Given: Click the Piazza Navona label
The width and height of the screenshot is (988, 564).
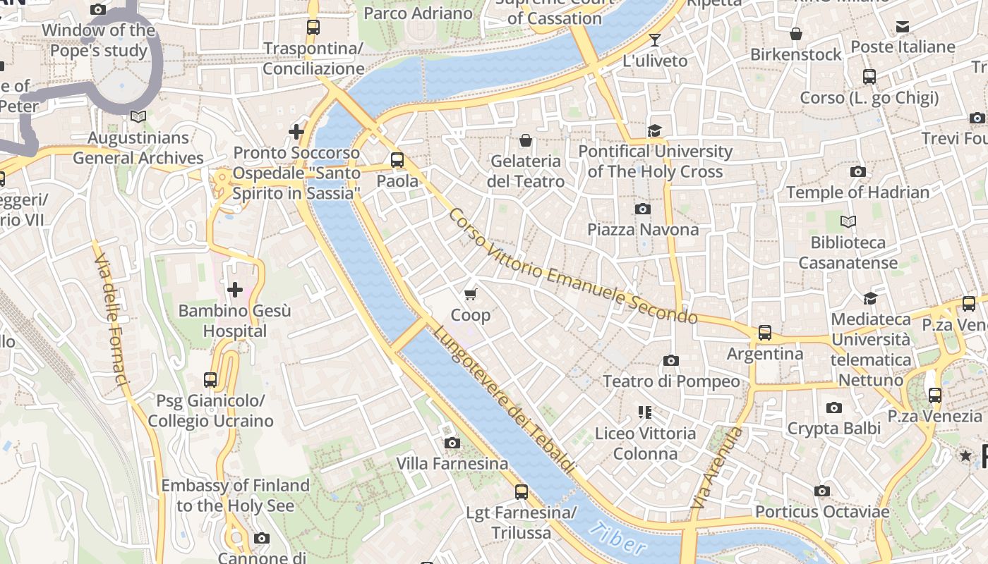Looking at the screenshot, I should (643, 230).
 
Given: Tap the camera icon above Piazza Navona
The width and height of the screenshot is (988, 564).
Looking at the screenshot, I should (642, 209).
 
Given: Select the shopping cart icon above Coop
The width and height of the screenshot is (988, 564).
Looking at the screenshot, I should (471, 293).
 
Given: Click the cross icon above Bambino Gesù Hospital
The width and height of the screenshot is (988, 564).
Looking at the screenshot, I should (235, 289).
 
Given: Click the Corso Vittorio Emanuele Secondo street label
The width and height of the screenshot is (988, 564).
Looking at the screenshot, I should (572, 266).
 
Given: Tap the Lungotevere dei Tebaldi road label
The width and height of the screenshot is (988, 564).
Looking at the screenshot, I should (504, 398).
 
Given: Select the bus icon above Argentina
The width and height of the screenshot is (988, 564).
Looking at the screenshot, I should (765, 332).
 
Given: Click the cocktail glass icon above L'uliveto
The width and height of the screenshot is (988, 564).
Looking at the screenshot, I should (655, 39).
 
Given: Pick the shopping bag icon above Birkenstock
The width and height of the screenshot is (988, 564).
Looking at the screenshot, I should (796, 33).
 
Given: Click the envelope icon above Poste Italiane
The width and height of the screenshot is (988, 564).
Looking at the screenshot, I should (903, 27).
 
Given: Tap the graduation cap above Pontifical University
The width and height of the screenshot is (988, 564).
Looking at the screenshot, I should (655, 130).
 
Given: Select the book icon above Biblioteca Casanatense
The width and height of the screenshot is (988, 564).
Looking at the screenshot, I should (848, 221).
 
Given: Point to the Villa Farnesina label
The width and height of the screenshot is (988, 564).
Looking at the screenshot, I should (452, 464).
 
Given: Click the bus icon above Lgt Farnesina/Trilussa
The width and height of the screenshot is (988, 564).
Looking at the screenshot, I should (522, 491).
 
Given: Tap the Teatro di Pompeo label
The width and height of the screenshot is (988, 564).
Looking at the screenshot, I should (671, 381).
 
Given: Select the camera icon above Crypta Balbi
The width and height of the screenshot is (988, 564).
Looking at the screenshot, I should (834, 407).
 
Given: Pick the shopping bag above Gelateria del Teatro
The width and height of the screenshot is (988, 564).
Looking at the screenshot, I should (525, 140).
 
